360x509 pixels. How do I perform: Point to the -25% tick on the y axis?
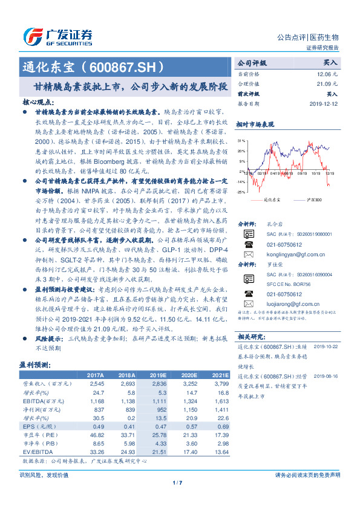[x=241, y=192]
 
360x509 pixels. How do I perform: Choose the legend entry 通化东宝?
[x=272, y=199]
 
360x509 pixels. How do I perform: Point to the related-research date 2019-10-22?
[x=327, y=346]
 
